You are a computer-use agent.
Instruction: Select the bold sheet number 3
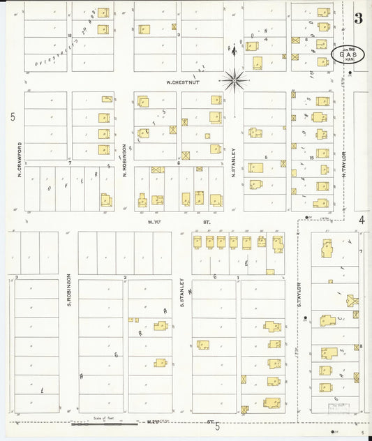358,19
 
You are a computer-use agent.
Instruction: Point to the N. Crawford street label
20,158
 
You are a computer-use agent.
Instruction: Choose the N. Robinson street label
124,160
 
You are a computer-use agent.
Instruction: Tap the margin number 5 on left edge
12,117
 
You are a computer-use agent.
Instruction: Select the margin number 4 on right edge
362,221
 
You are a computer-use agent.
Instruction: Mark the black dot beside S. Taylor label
307,318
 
